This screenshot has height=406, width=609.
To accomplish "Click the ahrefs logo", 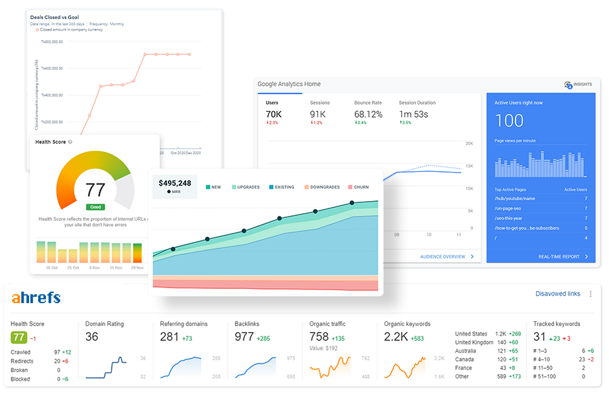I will (36, 298).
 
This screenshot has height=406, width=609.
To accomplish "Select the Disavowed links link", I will (558, 294).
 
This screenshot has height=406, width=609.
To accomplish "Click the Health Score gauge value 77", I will (95, 189).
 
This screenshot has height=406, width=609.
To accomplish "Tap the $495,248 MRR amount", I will (175, 183).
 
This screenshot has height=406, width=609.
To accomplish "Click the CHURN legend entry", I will (359, 187).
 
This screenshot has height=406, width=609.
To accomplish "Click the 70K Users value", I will (273, 114).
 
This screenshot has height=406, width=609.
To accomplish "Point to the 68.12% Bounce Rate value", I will (368, 114).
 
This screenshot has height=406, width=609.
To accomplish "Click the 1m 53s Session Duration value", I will (413, 114).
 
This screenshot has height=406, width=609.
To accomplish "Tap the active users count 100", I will (509, 120).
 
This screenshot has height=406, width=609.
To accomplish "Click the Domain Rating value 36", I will (92, 336).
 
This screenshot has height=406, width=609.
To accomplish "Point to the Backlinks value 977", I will (244, 336).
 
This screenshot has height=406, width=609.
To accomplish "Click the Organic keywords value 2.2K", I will (396, 336).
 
